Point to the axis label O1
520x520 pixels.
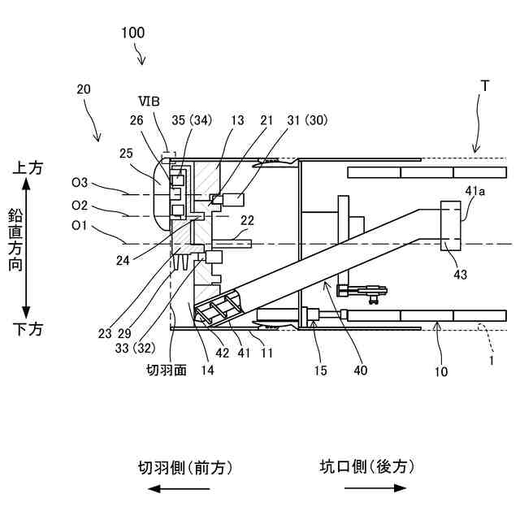click(x=80, y=224)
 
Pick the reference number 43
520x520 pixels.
click(x=460, y=275)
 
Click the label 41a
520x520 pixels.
click(x=475, y=190)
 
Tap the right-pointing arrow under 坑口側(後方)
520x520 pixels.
click(x=375, y=488)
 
